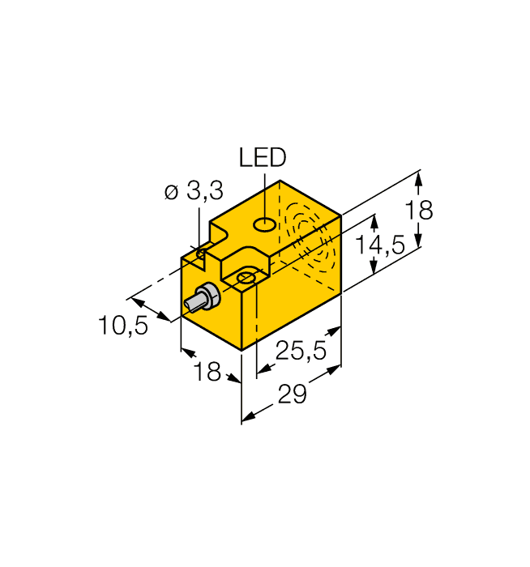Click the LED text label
(x=262, y=157)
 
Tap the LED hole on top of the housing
(x=264, y=224)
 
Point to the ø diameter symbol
(x=171, y=193)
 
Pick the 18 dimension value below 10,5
(x=208, y=372)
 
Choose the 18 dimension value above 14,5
(x=419, y=211)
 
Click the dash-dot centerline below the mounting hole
(x=256, y=324)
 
